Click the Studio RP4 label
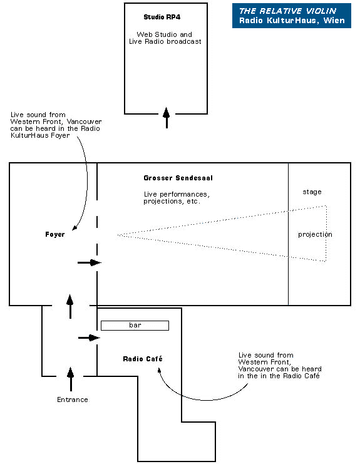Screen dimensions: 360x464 [x=162, y=17]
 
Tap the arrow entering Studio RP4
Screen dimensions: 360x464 [x=167, y=118]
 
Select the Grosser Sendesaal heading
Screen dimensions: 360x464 [x=178, y=178]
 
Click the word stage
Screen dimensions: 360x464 [x=312, y=192]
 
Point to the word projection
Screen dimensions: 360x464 [x=315, y=234]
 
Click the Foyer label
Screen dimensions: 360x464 [x=55, y=234]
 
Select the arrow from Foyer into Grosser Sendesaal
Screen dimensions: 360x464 [x=90, y=262]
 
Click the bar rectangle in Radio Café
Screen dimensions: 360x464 [x=135, y=326]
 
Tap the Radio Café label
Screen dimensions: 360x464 [x=143, y=359]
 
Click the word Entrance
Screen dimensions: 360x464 [x=73, y=400]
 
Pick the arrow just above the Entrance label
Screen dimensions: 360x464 [x=70, y=379]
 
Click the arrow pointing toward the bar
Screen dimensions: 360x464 [x=90, y=338]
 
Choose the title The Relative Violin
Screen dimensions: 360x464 [x=287, y=11]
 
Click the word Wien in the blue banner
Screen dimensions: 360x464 [x=334, y=21]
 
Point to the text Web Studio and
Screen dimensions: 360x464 [x=164, y=34]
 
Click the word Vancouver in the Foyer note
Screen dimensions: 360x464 [x=85, y=121]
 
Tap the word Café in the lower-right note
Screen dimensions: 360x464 [x=311, y=376]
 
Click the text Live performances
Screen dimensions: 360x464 [x=177, y=194]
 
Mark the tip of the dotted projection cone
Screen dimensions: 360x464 [x=118, y=235]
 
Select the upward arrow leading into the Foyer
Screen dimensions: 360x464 [x=70, y=307]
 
